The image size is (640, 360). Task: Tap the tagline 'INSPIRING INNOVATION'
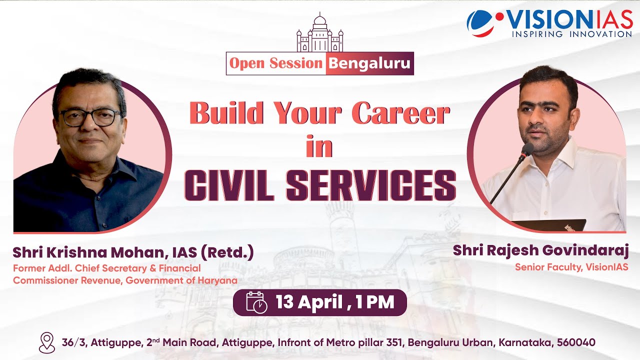point(571,34)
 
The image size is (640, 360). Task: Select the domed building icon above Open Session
point(320,34)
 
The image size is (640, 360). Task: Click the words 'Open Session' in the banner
point(276,63)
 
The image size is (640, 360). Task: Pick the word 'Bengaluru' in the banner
point(370,63)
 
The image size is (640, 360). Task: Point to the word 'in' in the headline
point(319,147)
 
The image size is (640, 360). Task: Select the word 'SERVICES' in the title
point(371,184)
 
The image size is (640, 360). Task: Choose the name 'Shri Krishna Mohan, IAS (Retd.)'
point(133,252)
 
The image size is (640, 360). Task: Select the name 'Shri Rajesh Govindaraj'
point(540,250)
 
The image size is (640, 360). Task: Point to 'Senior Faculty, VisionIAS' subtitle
point(571,267)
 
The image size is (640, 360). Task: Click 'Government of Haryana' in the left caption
point(181,280)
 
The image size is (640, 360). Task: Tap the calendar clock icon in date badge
point(256,302)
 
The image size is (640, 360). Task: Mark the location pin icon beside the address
point(46,343)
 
